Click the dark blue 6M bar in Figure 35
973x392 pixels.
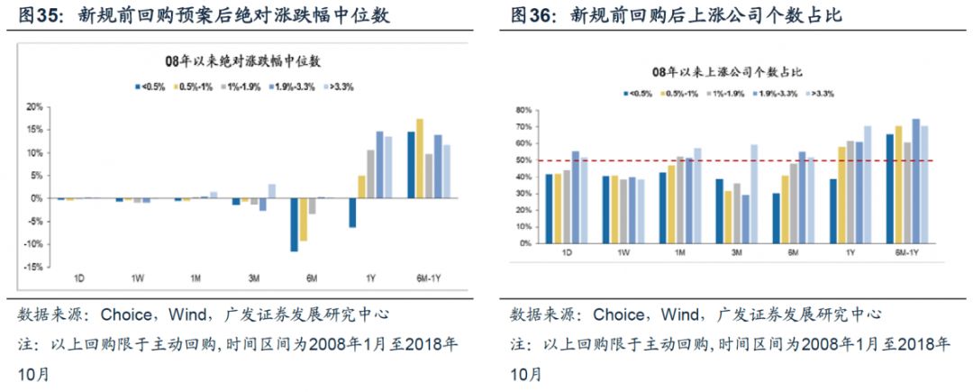tap(294, 224)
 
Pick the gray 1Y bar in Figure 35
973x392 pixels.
tap(370, 174)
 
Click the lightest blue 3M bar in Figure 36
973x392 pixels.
tap(753, 195)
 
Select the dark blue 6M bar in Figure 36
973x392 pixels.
tap(776, 219)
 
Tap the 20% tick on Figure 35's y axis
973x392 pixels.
tap(32, 106)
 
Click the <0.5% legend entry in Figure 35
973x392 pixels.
tap(149, 87)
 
